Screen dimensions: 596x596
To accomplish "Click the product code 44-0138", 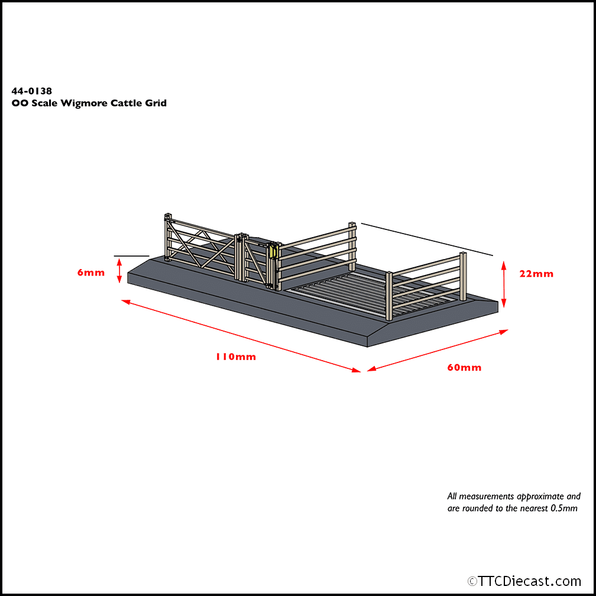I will click(31, 91).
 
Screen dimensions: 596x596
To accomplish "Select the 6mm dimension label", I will click(90, 273).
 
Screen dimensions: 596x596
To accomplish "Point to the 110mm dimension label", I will click(235, 357).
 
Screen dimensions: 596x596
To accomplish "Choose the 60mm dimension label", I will click(464, 368).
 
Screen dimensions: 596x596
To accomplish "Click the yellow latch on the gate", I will click(272, 251).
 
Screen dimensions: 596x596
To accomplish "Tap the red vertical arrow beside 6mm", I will click(120, 272).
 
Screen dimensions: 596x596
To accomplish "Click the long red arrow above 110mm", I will click(241, 336).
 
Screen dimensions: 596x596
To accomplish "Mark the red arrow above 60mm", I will click(438, 350).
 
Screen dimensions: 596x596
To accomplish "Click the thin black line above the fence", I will click(426, 239).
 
